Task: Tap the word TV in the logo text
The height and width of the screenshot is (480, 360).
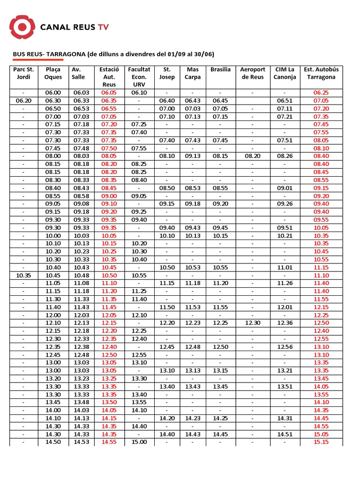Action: pyautogui.click(x=103, y=27)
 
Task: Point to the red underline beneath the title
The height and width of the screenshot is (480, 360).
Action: pyautogui.click(x=37, y=60)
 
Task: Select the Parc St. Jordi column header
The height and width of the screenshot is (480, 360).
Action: pyautogui.click(x=23, y=73)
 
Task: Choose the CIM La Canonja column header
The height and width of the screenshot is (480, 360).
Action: pyautogui.click(x=285, y=73)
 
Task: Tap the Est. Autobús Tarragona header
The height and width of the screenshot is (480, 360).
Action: pyautogui.click(x=321, y=73)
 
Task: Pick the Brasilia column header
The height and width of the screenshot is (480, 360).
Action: pyautogui.click(x=220, y=69)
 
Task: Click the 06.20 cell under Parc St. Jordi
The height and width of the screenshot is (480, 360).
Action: pyautogui.click(x=23, y=101)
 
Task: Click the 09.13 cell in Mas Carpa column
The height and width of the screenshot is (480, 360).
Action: pyautogui.click(x=193, y=156)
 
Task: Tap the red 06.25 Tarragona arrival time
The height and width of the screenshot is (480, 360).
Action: pyautogui.click(x=321, y=93)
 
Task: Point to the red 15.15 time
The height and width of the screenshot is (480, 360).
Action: pyautogui.click(x=321, y=442)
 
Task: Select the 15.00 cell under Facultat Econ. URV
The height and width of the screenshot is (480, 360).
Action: pyautogui.click(x=139, y=442)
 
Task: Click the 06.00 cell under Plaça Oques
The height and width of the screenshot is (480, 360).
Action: pyautogui.click(x=53, y=93)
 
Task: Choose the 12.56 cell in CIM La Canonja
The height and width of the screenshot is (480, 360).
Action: pyautogui.click(x=285, y=347)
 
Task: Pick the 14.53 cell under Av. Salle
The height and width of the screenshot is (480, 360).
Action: pyautogui.click(x=82, y=442)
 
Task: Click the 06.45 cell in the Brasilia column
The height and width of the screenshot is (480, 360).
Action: pyautogui.click(x=220, y=101)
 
